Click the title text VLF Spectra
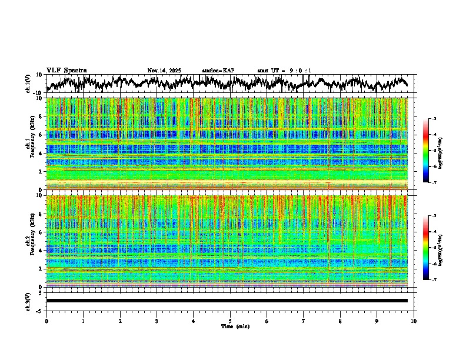(66, 71)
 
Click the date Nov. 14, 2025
(164, 71)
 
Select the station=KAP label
(218, 71)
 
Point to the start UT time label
(284, 71)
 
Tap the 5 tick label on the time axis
(230, 321)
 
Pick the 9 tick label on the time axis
(377, 321)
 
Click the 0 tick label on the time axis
(46, 321)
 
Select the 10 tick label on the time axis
(414, 321)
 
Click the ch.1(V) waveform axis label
(28, 83)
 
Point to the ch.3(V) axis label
(28, 301)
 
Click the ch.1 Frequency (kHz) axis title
(29, 144)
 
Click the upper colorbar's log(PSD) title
(448, 151)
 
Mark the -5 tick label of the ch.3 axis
(40, 309)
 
